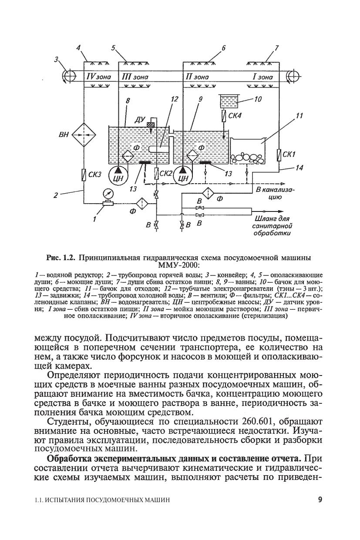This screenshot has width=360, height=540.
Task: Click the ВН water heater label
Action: (63, 135)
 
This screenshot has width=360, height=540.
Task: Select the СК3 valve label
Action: (94, 175)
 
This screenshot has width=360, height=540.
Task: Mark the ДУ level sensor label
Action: (140, 119)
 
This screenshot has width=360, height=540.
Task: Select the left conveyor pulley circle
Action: (69, 76)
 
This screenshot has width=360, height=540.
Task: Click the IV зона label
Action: (99, 77)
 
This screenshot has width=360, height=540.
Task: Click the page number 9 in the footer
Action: (320, 500)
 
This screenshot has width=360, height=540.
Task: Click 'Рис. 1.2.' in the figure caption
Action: (61, 258)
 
